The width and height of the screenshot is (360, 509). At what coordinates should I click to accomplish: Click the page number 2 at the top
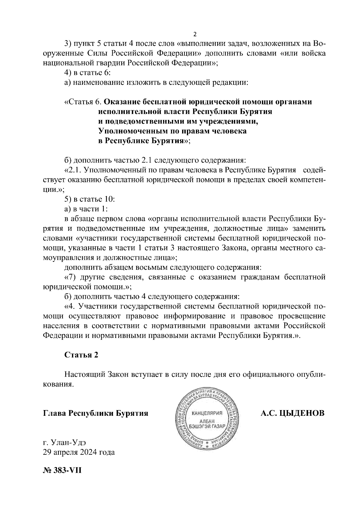pos(195,34)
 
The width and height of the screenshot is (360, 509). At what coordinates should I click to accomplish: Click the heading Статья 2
pos(81,355)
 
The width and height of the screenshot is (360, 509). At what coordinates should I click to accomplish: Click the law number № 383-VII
pos(62,469)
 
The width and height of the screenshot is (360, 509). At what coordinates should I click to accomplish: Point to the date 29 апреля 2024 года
pos(79,452)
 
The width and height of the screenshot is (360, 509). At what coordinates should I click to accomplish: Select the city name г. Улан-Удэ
pos(64,442)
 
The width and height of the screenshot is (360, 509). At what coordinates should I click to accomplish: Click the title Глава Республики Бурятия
pos(96,413)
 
